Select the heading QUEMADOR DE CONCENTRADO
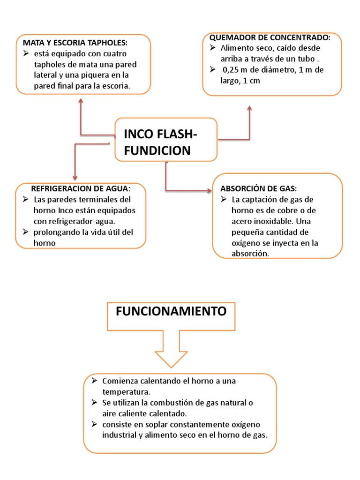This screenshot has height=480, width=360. pos(270,37)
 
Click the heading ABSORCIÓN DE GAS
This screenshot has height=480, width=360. pos(258,188)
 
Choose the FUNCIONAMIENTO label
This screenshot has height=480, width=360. pos(171,311)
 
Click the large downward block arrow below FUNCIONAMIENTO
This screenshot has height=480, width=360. pos(171,347)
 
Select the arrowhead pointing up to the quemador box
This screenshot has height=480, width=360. pos(249,108)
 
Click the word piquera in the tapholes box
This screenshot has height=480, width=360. pos(102,75)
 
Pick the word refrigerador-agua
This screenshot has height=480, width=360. pos(85,221)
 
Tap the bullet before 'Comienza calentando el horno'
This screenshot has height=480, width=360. pos(93,380)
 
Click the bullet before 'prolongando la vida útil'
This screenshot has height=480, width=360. pos(26,232)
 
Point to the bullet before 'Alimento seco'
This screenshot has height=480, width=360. pos(212,48)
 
